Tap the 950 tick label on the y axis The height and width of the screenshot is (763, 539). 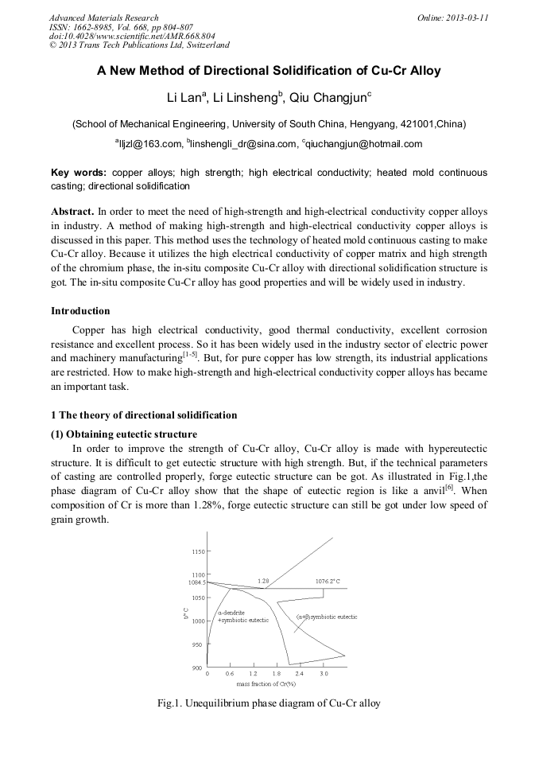tap(198, 644)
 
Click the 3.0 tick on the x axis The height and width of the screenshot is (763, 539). tap(324, 673)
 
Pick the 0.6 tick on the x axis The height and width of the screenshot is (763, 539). tap(230, 673)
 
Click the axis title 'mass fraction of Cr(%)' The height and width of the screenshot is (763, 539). tap(266, 683)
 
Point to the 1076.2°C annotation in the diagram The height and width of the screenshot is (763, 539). tap(328, 582)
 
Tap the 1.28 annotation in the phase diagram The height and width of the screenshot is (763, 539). tap(265, 581)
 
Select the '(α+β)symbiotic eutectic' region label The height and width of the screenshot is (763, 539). tap(327, 617)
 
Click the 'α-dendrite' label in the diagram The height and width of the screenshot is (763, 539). tap(231, 612)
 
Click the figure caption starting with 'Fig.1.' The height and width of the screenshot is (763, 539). tap(269, 703)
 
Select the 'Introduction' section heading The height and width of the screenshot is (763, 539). tap(80, 310)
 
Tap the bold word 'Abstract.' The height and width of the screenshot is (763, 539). tap(72, 212)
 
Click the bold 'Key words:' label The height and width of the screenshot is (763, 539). tap(79, 172)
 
